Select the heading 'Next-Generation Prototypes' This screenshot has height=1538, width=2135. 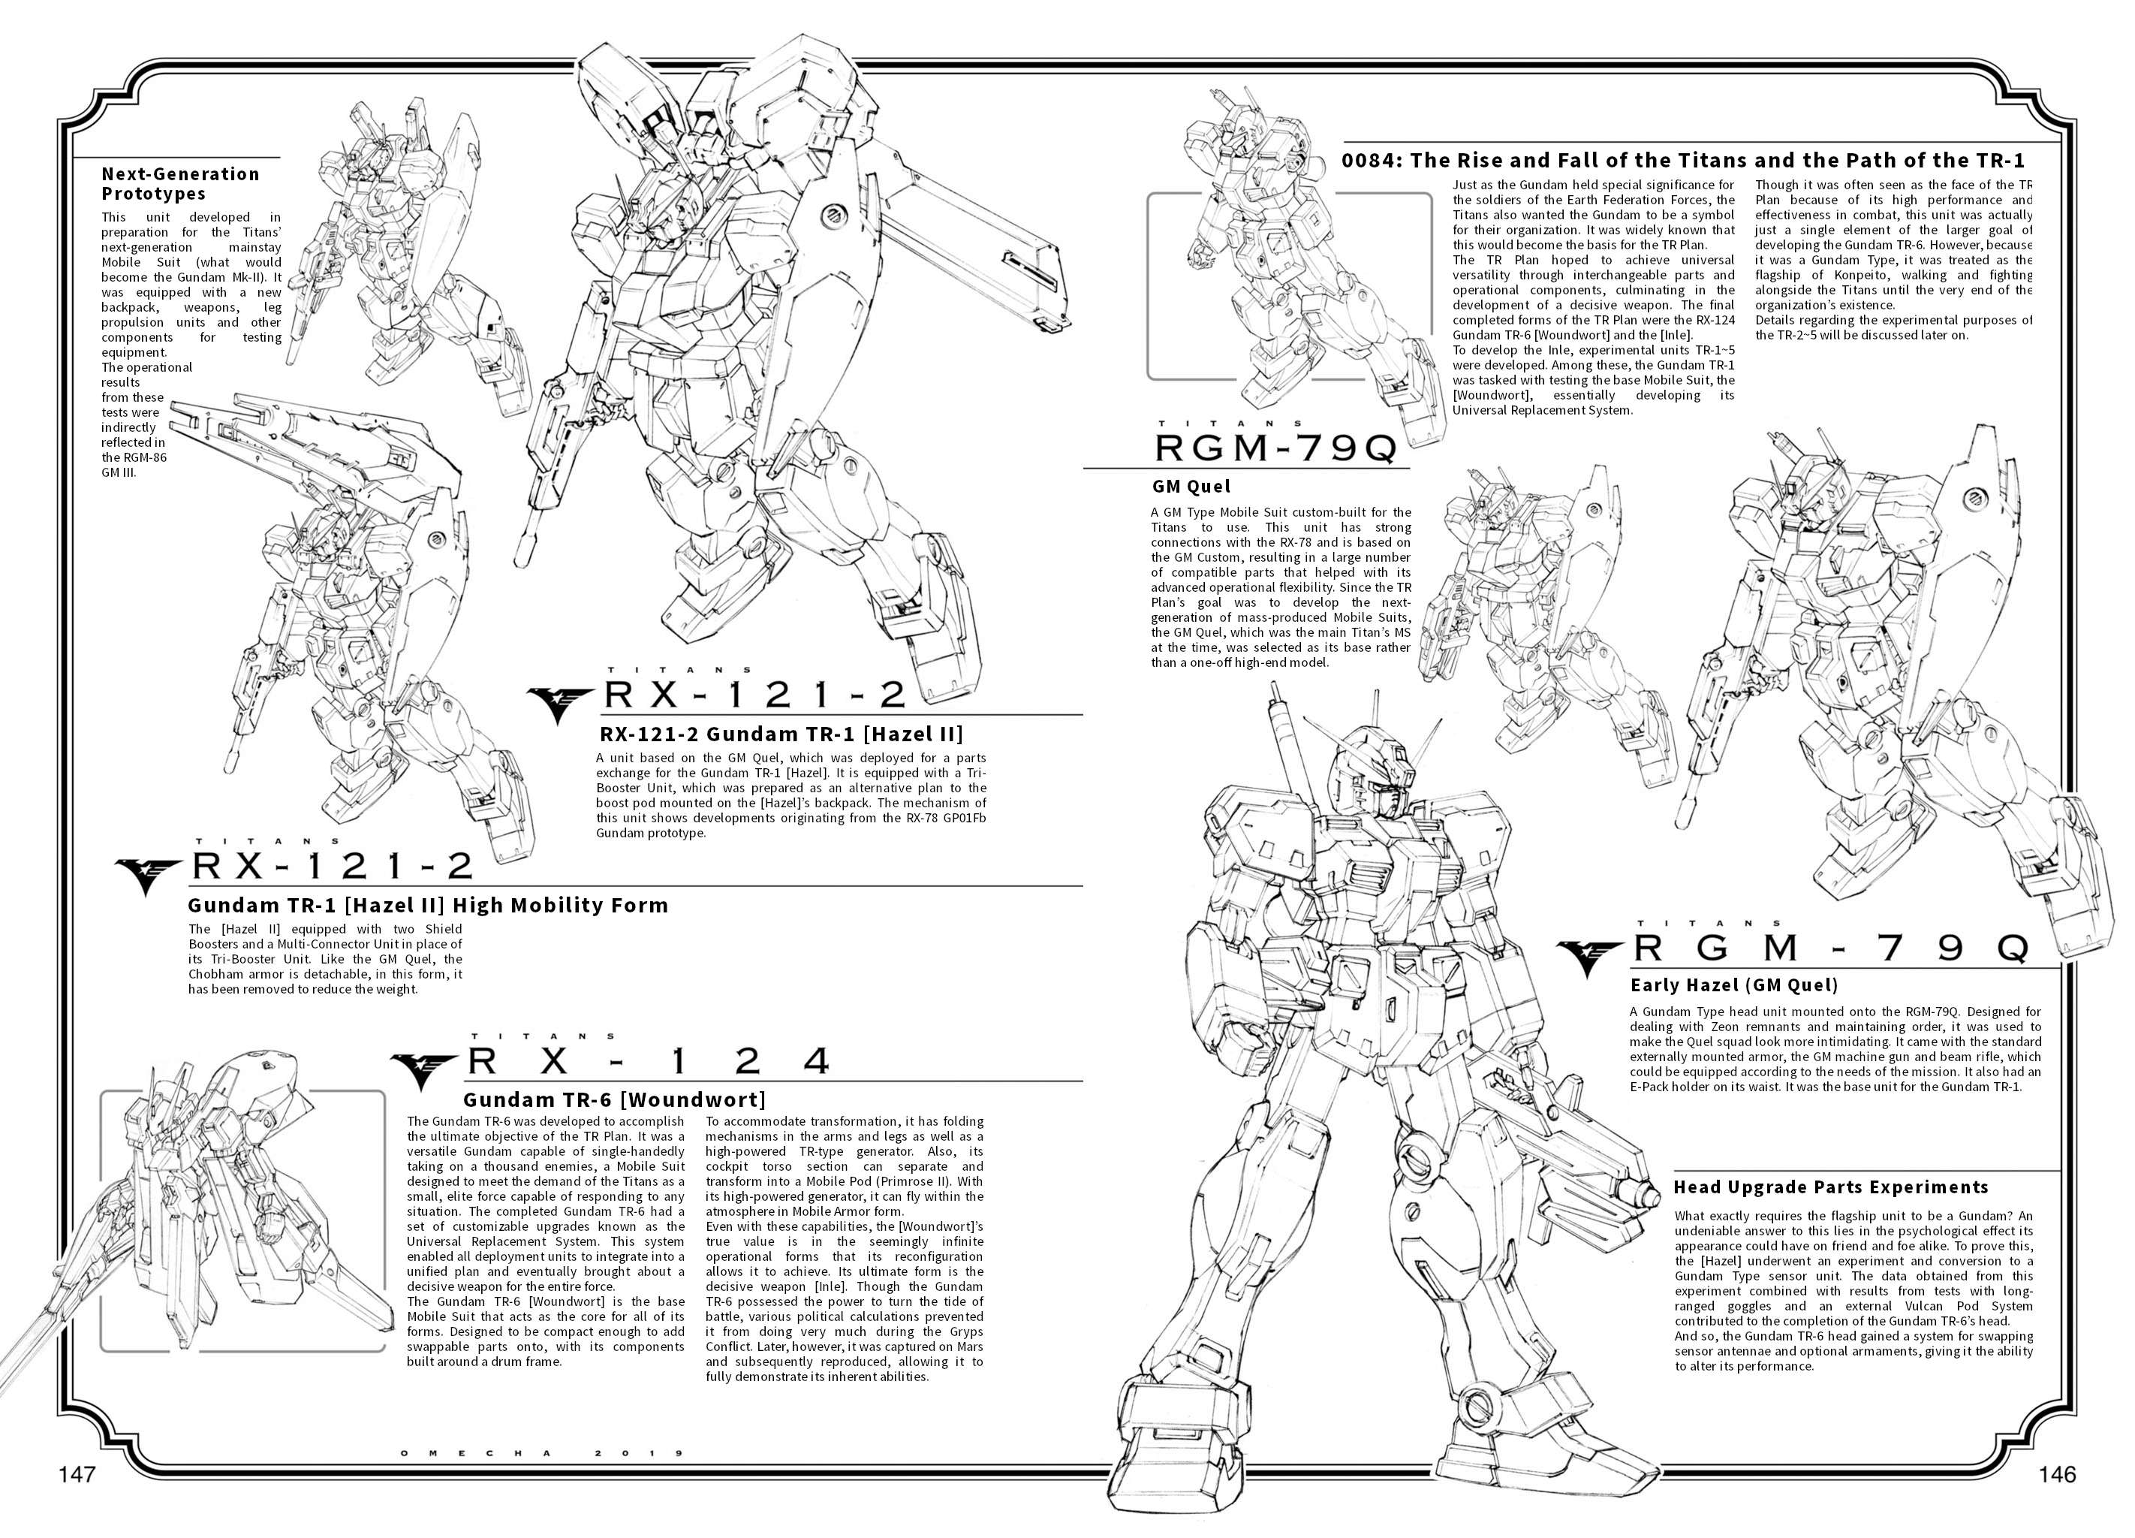pyautogui.click(x=181, y=184)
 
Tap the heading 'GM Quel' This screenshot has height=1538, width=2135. pyautogui.click(x=1191, y=487)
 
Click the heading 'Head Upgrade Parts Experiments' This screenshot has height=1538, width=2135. pyautogui.click(x=1831, y=1187)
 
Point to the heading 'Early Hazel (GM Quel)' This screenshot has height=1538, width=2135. pyautogui.click(x=1734, y=986)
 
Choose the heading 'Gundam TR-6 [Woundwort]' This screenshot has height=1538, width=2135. pyautogui.click(x=615, y=1100)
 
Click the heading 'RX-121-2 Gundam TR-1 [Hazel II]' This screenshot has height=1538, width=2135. pyautogui.click(x=781, y=734)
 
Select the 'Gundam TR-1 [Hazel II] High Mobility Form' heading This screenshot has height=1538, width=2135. pyautogui.click(x=427, y=905)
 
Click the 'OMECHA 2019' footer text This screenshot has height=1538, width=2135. pyautogui.click(x=541, y=1453)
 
